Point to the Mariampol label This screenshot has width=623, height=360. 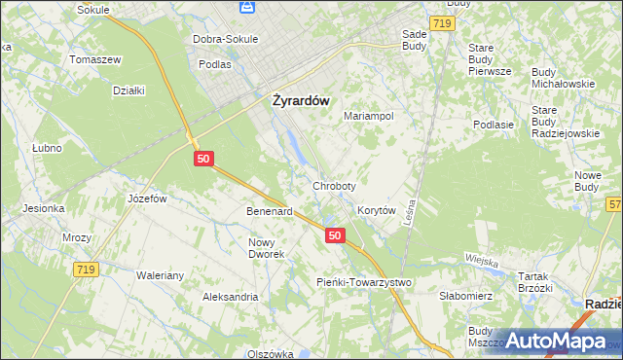[369, 116]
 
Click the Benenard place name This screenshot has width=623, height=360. [270, 211]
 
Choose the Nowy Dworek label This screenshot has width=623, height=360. [266, 248]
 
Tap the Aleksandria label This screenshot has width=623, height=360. [230, 297]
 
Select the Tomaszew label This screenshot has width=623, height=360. [94, 59]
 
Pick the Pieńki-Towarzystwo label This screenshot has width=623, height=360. [365, 282]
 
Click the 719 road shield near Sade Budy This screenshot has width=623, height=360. [443, 21]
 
